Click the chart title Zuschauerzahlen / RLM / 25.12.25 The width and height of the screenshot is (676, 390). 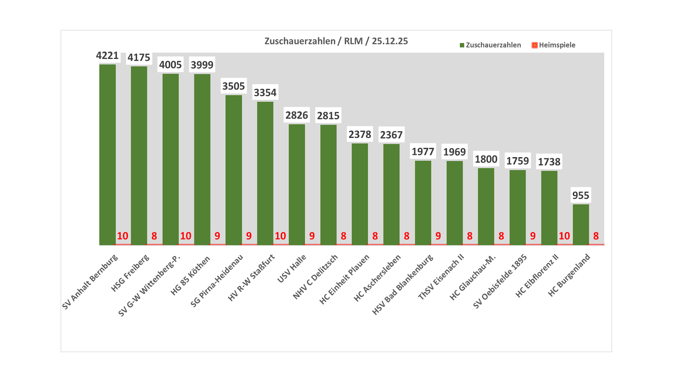336,41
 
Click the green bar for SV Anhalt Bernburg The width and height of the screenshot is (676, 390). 107,154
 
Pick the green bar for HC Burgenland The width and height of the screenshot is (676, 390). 581,225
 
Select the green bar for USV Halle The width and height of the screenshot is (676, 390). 297,185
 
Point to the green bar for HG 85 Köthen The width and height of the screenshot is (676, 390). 202,159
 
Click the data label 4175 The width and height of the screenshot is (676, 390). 139,58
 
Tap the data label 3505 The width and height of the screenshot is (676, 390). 234,86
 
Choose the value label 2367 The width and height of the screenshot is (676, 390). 391,135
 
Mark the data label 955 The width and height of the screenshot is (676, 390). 581,195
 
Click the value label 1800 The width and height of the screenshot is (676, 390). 486,159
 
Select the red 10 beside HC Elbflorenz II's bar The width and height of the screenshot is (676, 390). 564,236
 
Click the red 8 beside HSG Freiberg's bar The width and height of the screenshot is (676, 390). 154,236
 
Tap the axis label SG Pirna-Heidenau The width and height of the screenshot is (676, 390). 217,280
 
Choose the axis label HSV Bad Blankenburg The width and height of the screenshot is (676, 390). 403,284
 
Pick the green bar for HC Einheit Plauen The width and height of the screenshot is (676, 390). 360,194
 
